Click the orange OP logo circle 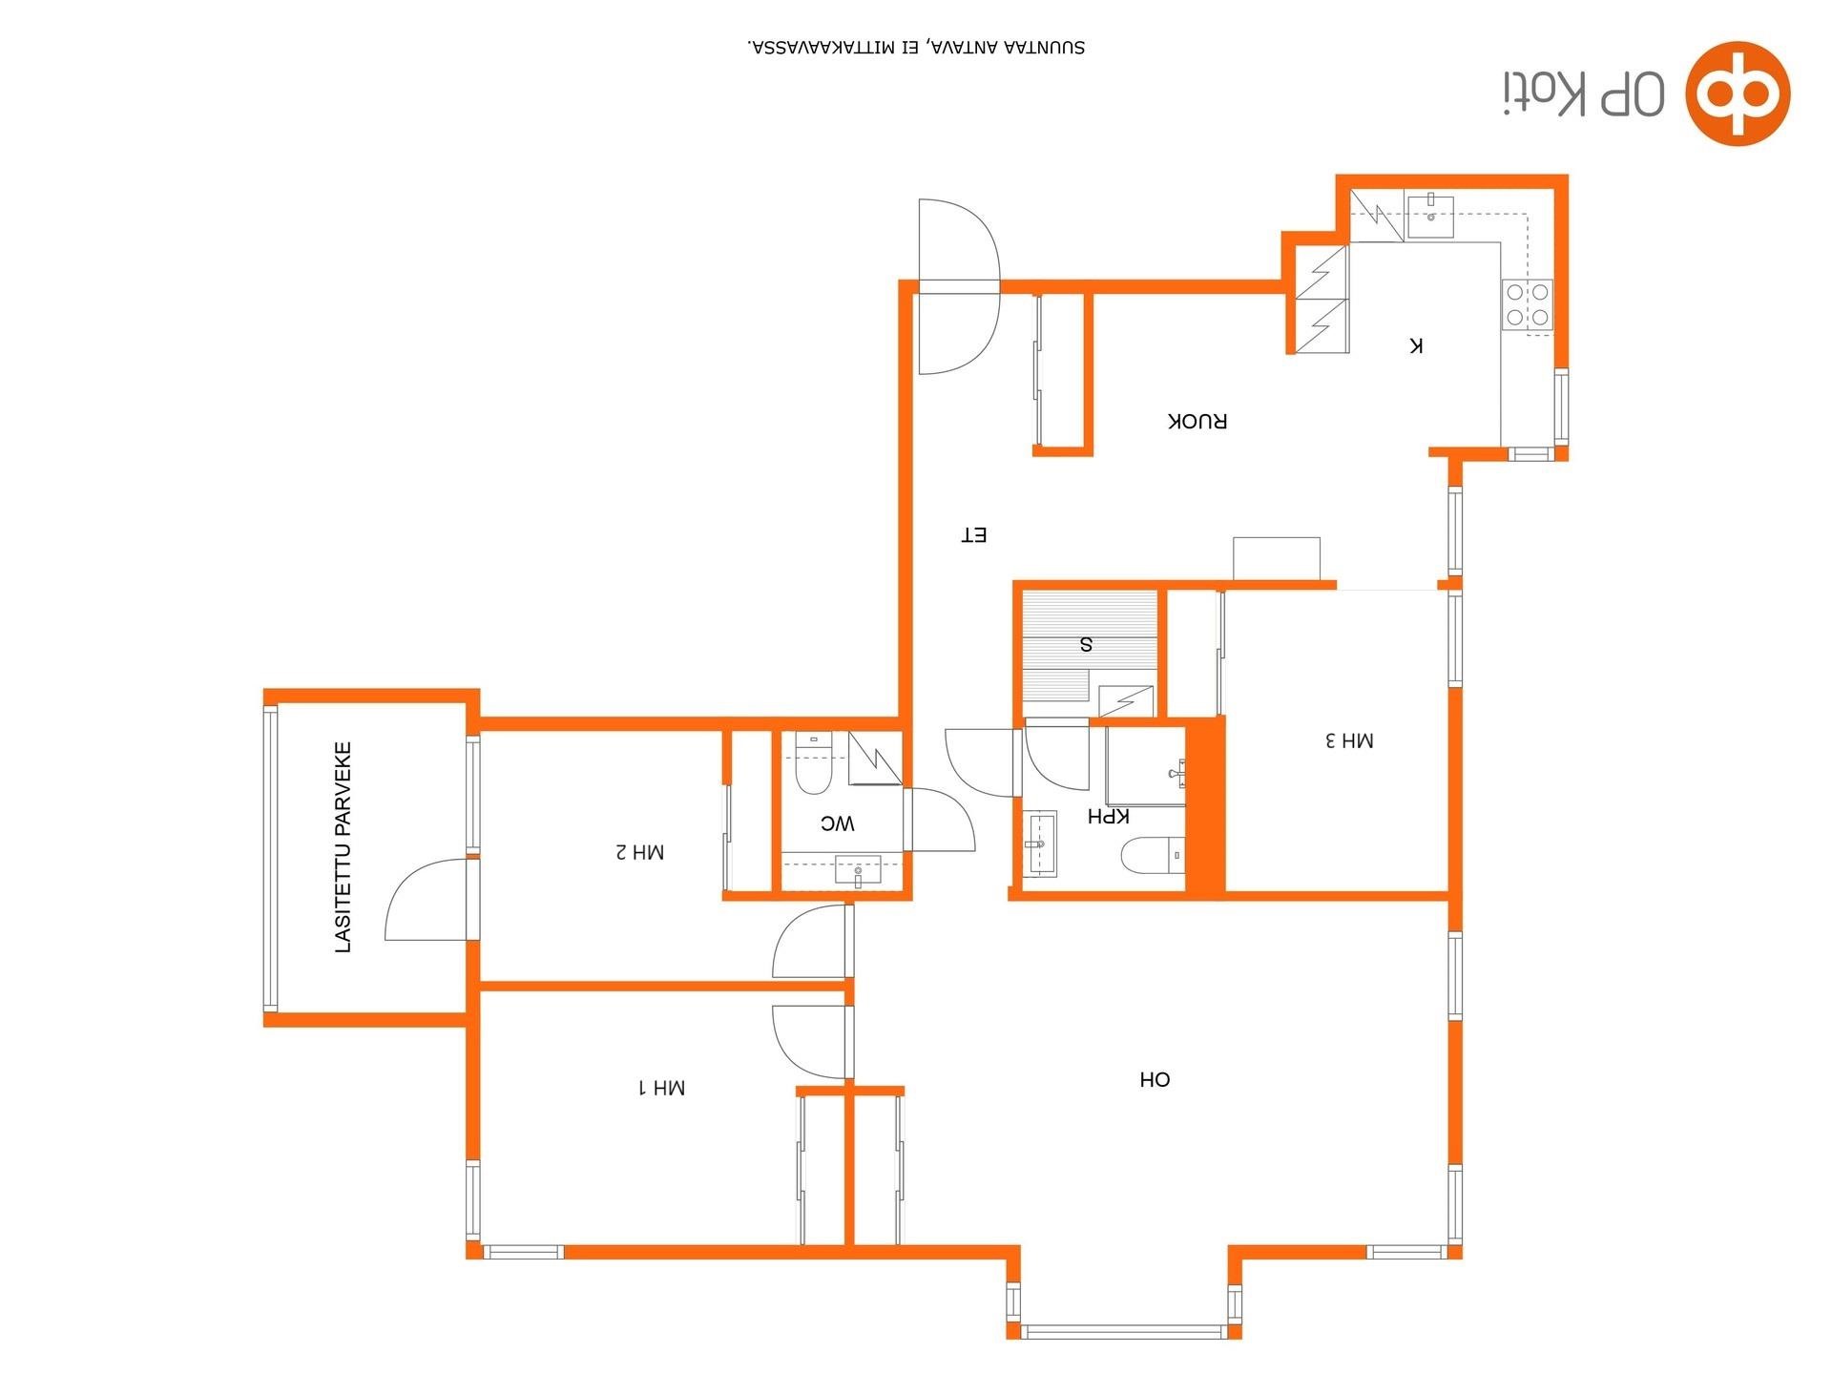tap(1738, 94)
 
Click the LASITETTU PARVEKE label tap(343, 847)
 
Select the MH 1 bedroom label tap(661, 1087)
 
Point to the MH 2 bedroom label tap(639, 851)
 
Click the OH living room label tap(1155, 1080)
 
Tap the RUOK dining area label tap(1197, 421)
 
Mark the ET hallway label tap(973, 535)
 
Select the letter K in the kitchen tap(1416, 345)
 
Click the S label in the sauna tap(1086, 644)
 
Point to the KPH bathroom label tap(1109, 817)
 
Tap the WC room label tap(838, 823)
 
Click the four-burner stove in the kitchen tap(1528, 304)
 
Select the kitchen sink tap(1429, 216)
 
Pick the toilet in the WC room tap(814, 763)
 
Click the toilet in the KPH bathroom tap(1154, 856)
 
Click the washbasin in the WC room tap(858, 871)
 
